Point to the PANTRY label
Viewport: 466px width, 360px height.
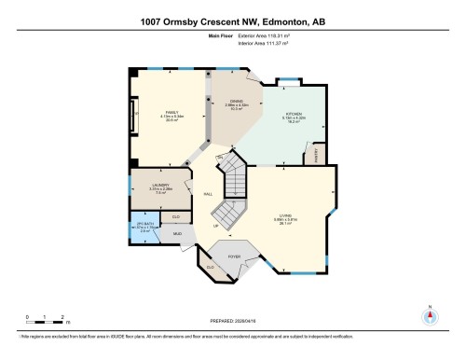pyautogui.click(x=318, y=154)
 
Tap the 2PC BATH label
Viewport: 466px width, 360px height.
pyautogui.click(x=143, y=224)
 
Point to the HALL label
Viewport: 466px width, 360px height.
pyautogui.click(x=208, y=193)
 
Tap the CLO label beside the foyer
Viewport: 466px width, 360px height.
pyautogui.click(x=211, y=267)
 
